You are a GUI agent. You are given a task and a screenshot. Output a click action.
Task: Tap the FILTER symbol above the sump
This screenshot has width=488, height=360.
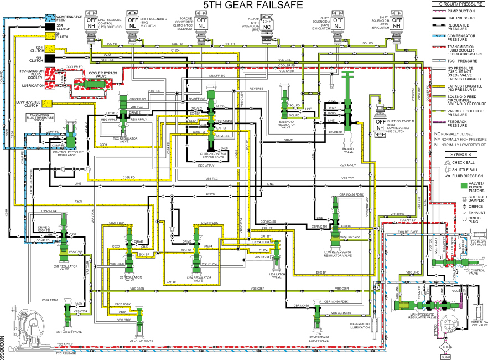point(445,346)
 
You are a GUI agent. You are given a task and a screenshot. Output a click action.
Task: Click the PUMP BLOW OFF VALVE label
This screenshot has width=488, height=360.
point(478,323)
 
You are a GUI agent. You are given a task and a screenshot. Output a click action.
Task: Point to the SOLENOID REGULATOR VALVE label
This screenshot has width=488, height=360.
point(285,126)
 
